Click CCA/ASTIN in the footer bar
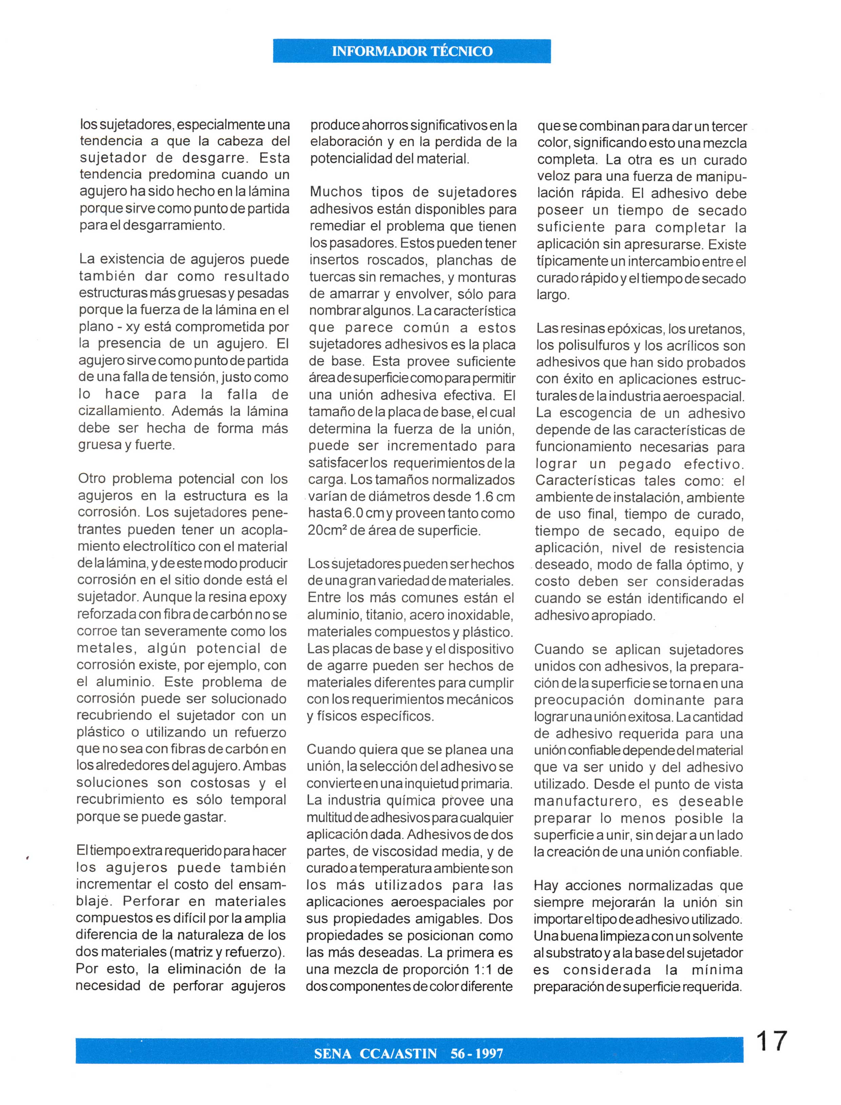click(398, 1053)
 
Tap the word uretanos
click(717, 329)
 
